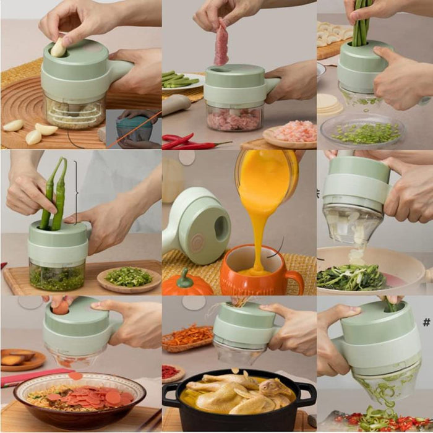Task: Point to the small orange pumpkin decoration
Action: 187,284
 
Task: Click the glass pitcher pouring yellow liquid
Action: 266,176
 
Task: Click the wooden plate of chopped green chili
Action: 129,279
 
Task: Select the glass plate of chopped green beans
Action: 362,131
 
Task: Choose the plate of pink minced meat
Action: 290,134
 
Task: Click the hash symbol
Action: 426,322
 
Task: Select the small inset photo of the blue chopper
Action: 133,129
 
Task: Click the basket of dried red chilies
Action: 188,337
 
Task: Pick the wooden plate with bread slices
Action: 22,359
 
